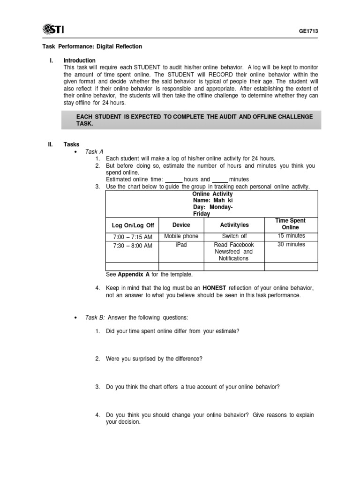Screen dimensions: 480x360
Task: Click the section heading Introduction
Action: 79,60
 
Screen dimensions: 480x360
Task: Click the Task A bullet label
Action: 94,151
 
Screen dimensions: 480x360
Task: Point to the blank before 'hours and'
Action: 174,180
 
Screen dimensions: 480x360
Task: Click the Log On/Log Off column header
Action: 133,225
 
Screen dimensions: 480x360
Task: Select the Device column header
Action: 181,225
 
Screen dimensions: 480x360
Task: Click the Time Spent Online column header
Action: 291,224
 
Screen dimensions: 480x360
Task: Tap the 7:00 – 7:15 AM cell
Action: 133,237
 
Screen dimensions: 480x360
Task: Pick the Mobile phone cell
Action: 181,236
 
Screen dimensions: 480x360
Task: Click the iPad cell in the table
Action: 181,245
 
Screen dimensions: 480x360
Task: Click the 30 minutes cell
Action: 291,245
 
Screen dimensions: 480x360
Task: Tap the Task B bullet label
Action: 95,317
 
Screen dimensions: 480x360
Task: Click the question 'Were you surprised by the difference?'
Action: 154,359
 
